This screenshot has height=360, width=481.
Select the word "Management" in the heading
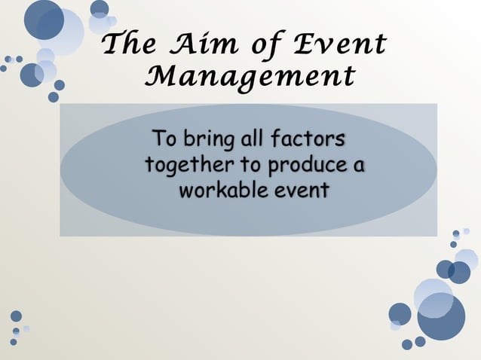tap(250, 77)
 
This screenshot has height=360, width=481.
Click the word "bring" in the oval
tap(203, 141)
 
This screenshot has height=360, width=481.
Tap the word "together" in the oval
tap(188, 165)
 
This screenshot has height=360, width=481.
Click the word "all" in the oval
tap(250, 139)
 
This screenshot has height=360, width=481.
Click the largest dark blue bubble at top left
tap(44, 20)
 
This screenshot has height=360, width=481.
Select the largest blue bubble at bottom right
tap(442, 316)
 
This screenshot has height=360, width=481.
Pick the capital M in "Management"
tap(159, 76)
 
